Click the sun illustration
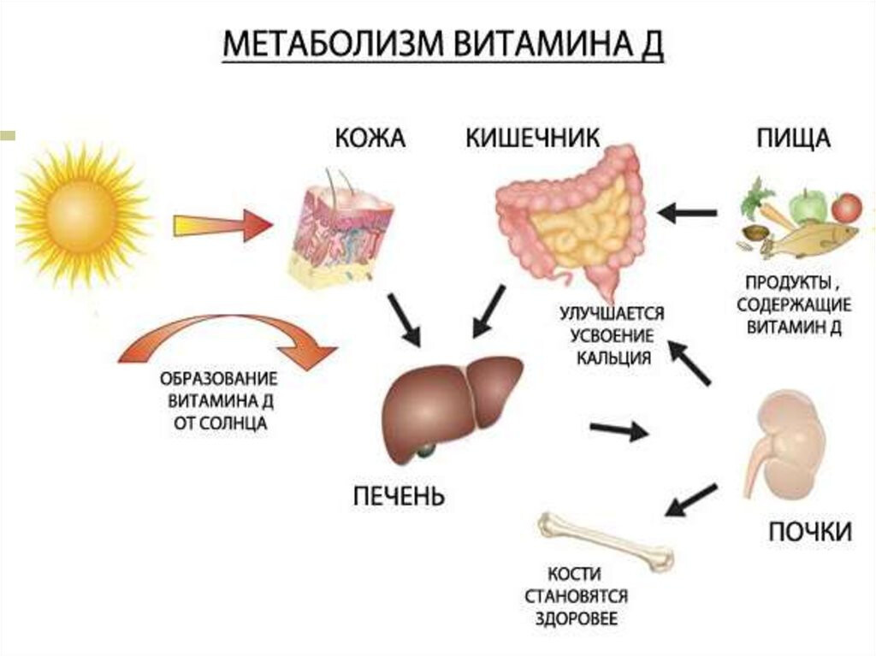click(81, 213)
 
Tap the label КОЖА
click(370, 139)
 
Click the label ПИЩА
click(793, 139)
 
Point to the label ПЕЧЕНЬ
click(399, 496)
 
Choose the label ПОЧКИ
click(809, 532)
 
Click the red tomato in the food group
click(846, 207)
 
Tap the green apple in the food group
click(806, 206)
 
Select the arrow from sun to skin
click(222, 225)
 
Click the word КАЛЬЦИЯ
click(612, 358)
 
